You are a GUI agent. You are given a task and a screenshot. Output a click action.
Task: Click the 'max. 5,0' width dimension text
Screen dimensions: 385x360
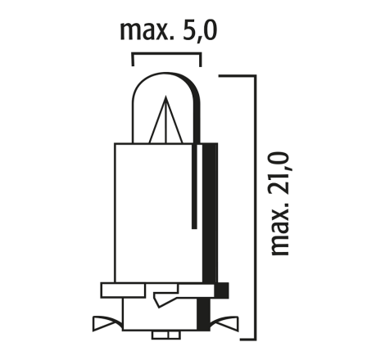coord(169,31)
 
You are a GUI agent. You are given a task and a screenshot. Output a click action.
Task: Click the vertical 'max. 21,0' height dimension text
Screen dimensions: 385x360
coord(280,204)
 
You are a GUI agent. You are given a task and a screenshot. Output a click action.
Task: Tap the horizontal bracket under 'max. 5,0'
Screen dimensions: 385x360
coord(167,54)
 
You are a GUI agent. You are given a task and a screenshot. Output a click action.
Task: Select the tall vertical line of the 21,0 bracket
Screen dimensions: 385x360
coord(256,207)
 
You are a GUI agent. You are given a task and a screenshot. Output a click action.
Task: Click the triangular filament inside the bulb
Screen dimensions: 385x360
coord(165,120)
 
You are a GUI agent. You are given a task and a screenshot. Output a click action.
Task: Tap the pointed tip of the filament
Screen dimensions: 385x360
coord(165,97)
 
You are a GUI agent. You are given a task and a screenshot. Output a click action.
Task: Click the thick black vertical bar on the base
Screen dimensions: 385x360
coord(210,213)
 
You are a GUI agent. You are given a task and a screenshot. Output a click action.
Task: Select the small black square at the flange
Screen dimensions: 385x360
coord(221,290)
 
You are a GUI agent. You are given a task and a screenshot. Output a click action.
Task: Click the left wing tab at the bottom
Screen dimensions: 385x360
coord(107,323)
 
